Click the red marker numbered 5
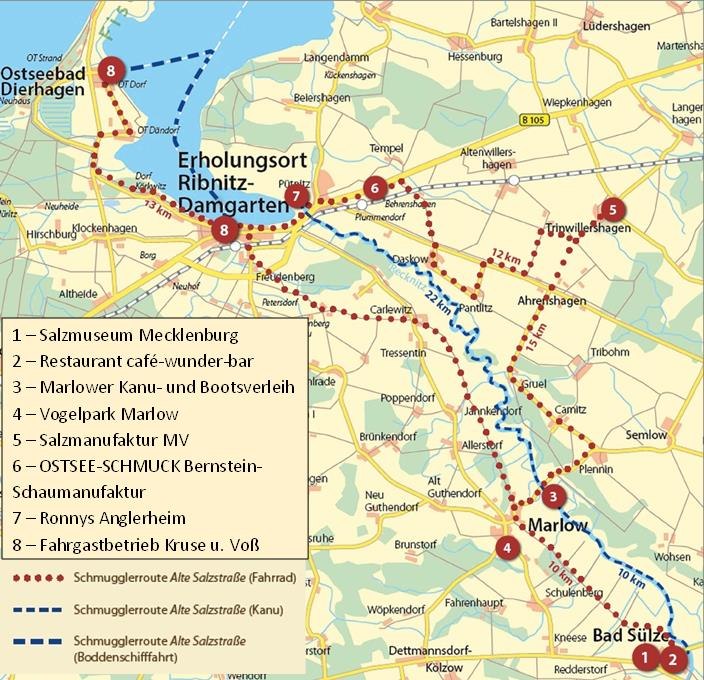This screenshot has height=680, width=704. coord(612,210)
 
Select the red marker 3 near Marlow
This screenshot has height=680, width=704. coord(554,496)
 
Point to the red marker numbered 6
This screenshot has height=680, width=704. coord(374,187)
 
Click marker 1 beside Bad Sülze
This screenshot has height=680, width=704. coord(646,657)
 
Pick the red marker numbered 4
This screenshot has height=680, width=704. coord(507,547)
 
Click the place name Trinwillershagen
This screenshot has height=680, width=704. coord(589,228)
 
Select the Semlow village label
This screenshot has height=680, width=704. coord(645,435)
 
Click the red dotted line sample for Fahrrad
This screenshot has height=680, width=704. coord(40,578)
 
